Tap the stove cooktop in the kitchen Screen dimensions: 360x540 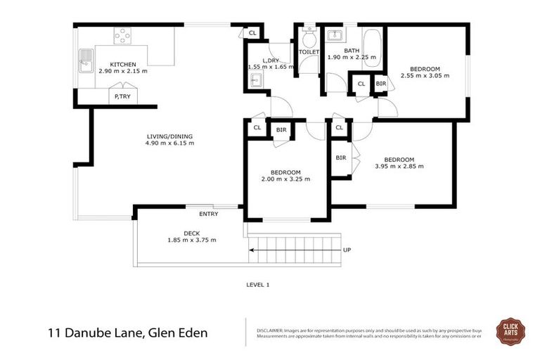[123, 34]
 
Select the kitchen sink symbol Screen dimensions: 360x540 [86, 60]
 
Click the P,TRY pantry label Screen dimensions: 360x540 [122, 96]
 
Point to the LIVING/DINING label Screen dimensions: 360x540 [169, 136]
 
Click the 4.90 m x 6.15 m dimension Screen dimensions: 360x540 [169, 143]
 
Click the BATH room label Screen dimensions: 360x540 [352, 51]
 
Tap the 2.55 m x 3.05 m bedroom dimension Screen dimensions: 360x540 [424, 75]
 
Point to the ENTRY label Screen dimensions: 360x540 [208, 214]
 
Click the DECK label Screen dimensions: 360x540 [192, 233]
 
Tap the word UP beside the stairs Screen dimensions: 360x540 [347, 250]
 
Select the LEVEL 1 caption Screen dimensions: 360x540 [257, 285]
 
